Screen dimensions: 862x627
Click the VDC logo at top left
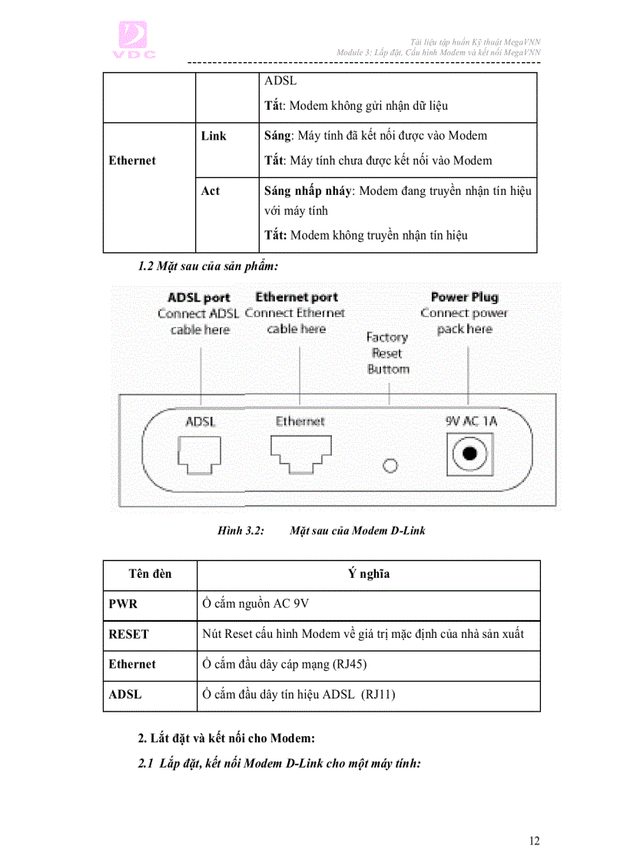coord(136,40)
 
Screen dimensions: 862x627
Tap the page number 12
coord(534,841)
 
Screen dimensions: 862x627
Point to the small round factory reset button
coord(390,465)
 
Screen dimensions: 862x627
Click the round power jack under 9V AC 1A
coord(470,456)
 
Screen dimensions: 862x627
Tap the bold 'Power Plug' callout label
coord(464,297)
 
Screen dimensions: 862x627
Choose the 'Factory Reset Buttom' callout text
coord(387,353)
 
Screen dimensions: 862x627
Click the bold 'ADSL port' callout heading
coord(199,298)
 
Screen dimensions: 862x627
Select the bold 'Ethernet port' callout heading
coord(297,297)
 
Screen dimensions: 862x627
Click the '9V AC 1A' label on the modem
coord(471,421)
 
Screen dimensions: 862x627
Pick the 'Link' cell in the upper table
coord(214,136)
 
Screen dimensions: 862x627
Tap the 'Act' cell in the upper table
coord(210,191)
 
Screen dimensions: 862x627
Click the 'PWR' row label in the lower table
coord(123,604)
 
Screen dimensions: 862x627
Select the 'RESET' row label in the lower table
coord(128,635)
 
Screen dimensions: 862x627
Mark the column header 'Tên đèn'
coord(150,574)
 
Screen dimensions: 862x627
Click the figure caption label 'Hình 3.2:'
coord(241,530)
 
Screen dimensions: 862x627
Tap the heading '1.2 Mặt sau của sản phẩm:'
coord(207,267)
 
